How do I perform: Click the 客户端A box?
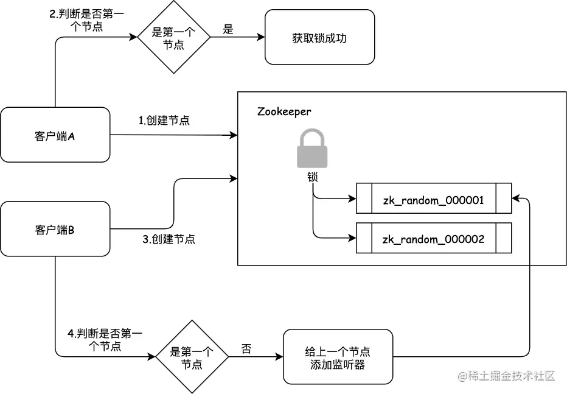pos(55,135)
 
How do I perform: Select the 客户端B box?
pos(55,229)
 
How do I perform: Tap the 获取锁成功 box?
pos(319,37)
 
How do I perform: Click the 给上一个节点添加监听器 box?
pos(338,357)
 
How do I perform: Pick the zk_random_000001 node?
pos(433,199)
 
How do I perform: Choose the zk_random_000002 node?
pos(433,238)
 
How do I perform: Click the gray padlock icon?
pos(312,149)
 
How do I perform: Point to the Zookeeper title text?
pos(284,111)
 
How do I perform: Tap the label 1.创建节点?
pos(164,120)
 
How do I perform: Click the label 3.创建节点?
pos(169,239)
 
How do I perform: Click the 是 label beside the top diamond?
pos(228,29)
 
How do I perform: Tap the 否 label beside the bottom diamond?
pos(246,349)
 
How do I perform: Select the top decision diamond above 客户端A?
pos(173,37)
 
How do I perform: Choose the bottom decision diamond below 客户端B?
pos(192,357)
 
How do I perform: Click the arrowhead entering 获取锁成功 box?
pos(262,37)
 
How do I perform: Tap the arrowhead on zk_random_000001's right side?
pos(515,199)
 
